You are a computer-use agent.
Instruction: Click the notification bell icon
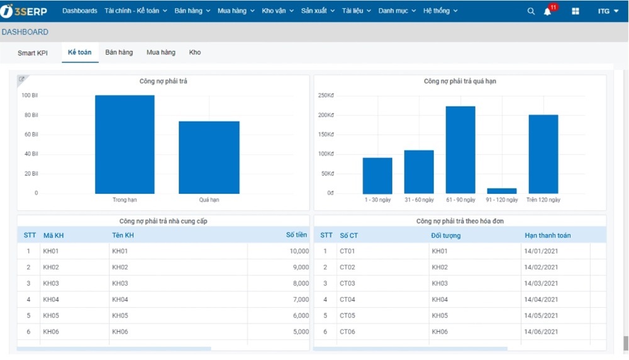[x=547, y=11]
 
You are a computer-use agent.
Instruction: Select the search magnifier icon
[x=531, y=11]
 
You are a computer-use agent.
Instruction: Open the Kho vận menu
[x=277, y=11]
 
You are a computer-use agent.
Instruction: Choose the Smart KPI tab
[x=33, y=53]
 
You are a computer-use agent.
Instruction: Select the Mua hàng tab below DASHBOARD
[x=161, y=52]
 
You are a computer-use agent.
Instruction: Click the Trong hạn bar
[x=125, y=144]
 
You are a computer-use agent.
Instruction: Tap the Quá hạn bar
[x=209, y=157]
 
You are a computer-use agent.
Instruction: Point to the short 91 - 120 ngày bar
[x=502, y=191]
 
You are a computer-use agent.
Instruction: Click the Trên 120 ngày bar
[x=543, y=154]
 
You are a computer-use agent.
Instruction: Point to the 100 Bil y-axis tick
[x=30, y=96]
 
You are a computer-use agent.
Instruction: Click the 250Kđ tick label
[x=326, y=96]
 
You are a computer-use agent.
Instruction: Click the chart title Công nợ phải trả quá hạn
[x=460, y=81]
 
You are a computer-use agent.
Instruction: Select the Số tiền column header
[x=296, y=235]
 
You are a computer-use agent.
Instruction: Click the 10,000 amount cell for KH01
[x=299, y=251]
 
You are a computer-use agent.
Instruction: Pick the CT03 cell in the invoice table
[x=347, y=283]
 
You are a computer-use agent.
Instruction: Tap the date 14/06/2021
[x=541, y=332]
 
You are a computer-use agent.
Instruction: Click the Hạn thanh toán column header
[x=548, y=235]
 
